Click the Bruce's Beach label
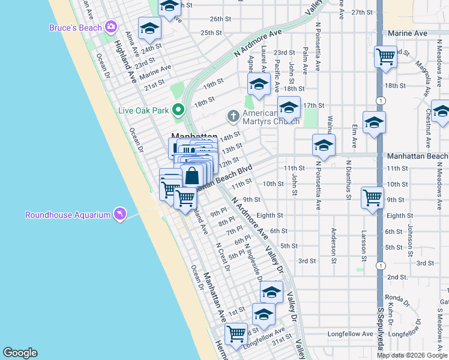76,27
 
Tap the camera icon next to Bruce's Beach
110,27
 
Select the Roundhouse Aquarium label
68,215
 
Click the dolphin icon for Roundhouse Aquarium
119,214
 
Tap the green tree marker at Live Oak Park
178,110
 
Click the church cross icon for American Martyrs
232,115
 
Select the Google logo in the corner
20,353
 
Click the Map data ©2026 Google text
412,355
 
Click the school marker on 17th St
289,108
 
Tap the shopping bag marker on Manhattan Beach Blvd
192,176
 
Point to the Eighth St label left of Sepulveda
270,215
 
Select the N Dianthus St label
348,178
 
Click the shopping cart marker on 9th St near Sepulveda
372,197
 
